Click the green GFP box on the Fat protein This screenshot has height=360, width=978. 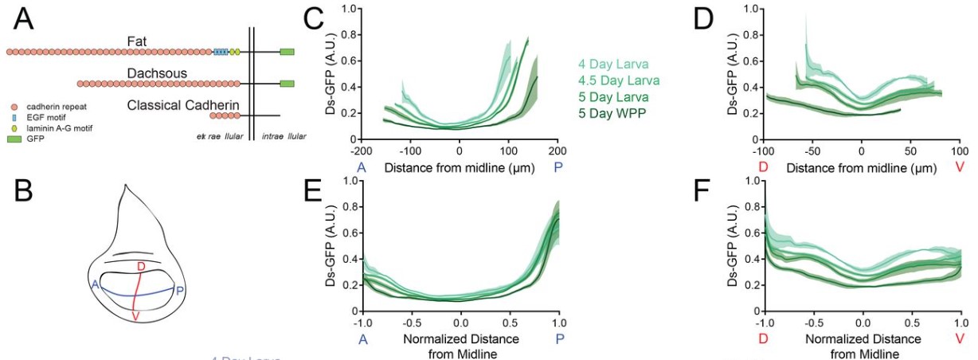pos(287,52)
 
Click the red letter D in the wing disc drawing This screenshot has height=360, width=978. pos(140,265)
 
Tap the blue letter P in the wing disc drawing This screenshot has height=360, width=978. pos(181,290)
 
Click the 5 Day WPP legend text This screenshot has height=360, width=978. pos(614,115)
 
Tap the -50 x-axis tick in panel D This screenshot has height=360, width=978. pos(812,150)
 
